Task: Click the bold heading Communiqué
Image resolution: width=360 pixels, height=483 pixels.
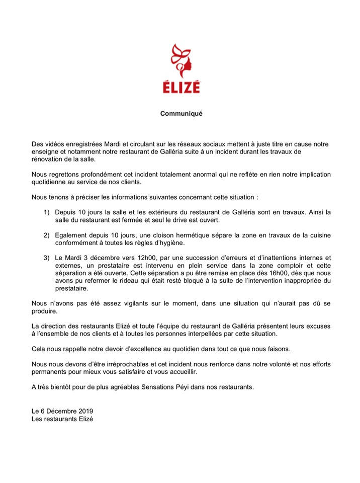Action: (181, 114)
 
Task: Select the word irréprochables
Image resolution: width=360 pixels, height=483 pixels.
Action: (124, 364)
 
